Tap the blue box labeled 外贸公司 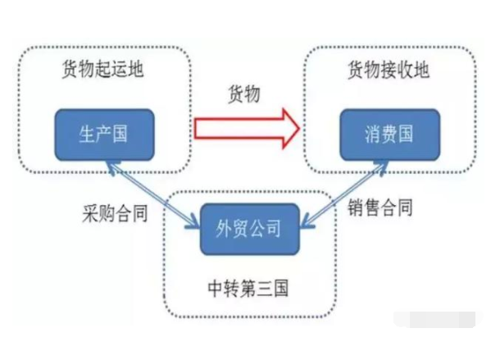tap(247, 226)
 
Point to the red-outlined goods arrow tap(246, 130)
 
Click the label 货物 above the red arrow tap(243, 95)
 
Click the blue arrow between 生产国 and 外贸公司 tap(156, 194)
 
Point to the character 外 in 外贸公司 tap(220, 227)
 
